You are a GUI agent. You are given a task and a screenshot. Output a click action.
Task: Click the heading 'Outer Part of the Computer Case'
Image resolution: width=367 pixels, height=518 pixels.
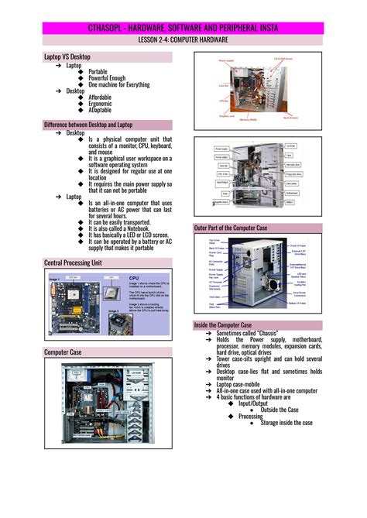click(x=231, y=228)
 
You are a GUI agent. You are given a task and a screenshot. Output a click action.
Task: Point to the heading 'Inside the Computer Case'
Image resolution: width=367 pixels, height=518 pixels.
click(x=224, y=324)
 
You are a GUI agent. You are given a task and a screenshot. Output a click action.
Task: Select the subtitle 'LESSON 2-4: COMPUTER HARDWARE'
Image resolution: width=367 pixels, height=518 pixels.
click(x=183, y=38)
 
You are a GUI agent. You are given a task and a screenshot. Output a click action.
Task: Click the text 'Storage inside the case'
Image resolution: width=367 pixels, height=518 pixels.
click(x=286, y=423)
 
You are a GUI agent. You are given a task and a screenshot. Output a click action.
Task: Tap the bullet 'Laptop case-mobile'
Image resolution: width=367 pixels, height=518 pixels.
click(x=245, y=385)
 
